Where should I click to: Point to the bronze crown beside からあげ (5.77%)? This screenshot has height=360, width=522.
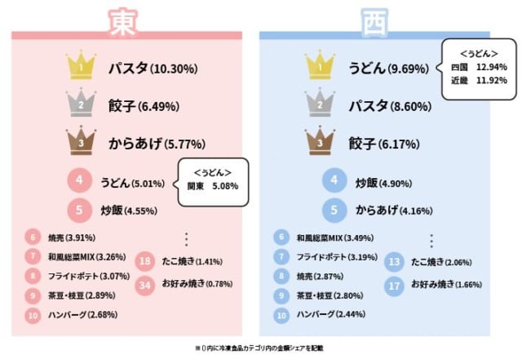[80, 144]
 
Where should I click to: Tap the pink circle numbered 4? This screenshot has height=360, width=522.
[80, 182]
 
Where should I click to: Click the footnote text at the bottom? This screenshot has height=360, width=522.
[259, 347]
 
